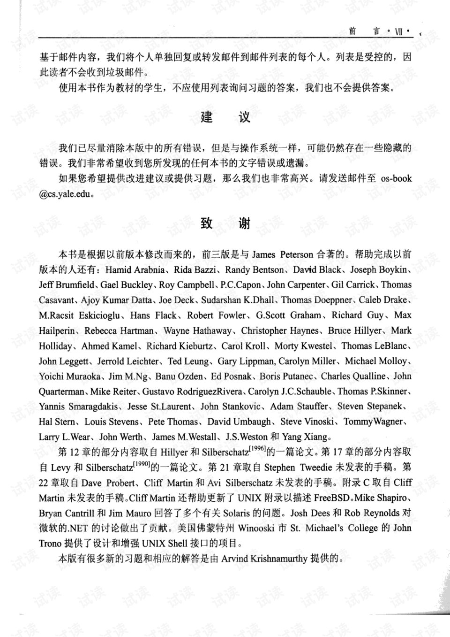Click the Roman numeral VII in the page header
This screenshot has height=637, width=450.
[x=399, y=32]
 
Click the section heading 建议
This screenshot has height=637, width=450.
[x=225, y=117]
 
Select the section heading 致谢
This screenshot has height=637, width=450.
[x=225, y=223]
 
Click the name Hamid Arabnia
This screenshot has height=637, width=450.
[x=135, y=270]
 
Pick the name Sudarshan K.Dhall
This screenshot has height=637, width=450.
[x=239, y=300]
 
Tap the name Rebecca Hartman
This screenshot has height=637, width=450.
[x=119, y=331]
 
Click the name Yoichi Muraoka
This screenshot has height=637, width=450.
[x=69, y=376]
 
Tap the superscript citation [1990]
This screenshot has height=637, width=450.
[x=141, y=464]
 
